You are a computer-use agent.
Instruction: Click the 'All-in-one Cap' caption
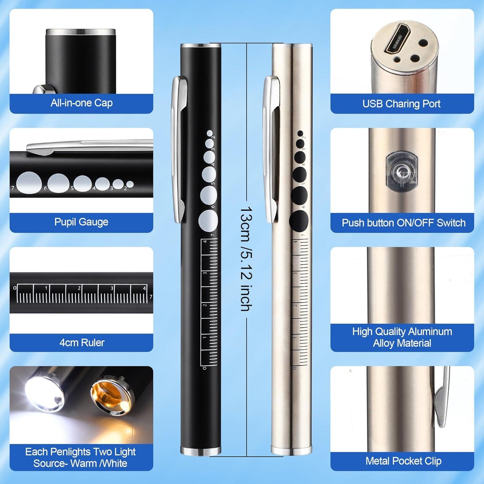pos(81,103)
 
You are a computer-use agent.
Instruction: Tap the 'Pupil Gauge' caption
pos(81,222)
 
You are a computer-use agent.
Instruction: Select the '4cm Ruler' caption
pos(82,342)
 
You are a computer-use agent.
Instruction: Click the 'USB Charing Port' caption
pos(401,104)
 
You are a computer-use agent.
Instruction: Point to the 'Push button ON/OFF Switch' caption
pos(404,223)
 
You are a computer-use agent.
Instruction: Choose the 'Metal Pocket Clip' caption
pos(403,461)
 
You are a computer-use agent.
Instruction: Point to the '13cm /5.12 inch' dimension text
pos(247,258)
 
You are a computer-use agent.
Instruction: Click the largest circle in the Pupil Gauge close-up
pos(29,183)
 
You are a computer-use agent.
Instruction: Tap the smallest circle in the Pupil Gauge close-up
pos(130,184)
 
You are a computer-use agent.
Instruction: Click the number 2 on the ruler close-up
pos(79,288)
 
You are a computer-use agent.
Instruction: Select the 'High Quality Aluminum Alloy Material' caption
pos(402,337)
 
